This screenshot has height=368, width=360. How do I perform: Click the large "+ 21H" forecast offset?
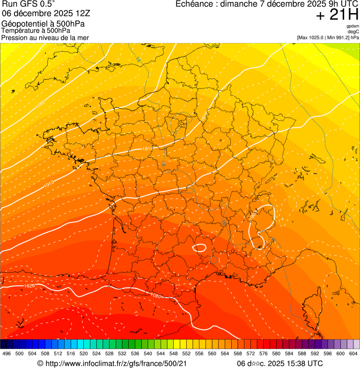337,15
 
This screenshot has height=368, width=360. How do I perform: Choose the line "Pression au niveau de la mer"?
45,37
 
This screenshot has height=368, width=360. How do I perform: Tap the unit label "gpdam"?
353,26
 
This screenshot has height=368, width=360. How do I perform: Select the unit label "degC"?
353,31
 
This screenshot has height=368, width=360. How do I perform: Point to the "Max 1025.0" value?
314,37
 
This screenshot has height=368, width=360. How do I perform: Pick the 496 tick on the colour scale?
7,353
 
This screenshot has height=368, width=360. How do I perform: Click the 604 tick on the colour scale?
353,353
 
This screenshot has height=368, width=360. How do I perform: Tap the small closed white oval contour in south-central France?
200,247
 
